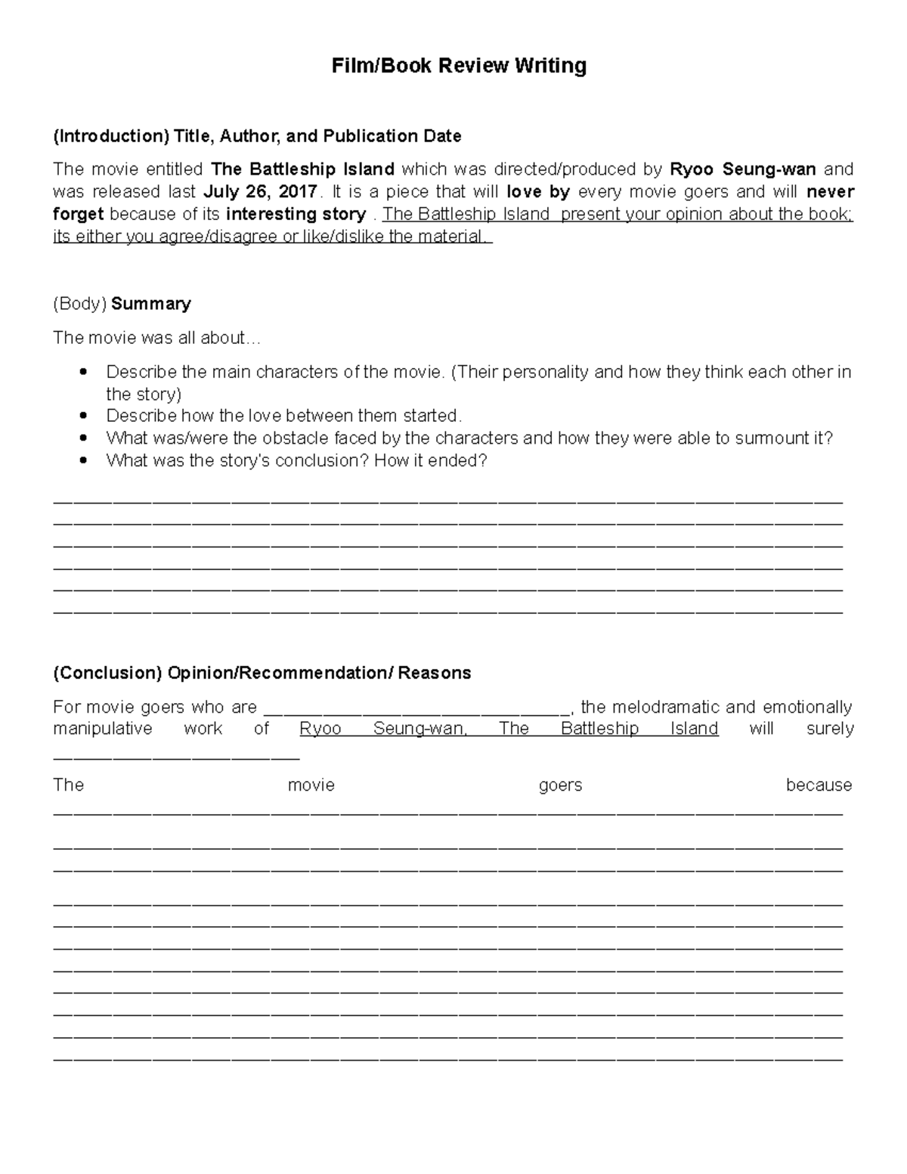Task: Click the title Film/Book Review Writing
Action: pos(459,67)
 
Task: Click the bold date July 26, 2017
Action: pos(260,191)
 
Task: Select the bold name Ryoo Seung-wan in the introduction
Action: pos(743,169)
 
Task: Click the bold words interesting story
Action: pos(296,214)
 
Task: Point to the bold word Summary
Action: pos(150,304)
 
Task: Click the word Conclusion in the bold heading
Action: pos(107,673)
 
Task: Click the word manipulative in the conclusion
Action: pos(102,729)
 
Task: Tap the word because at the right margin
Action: pos(819,785)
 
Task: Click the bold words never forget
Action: pos(830,191)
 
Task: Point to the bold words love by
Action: pos(538,191)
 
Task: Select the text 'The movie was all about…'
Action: pos(156,338)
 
